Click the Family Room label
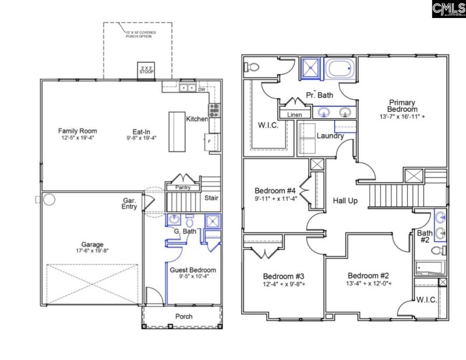point(77,130)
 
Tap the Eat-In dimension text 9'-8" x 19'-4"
point(142,138)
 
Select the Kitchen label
point(197,119)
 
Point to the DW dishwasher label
point(202,89)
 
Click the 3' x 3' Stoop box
point(145,70)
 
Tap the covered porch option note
point(137,33)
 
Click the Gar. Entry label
point(129,204)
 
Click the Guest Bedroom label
point(192,270)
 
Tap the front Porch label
point(184,316)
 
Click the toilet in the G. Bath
point(189,221)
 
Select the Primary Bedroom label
point(403,106)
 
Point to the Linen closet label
point(294,115)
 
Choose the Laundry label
point(330,136)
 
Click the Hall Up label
point(345,201)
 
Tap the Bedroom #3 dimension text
point(284,284)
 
